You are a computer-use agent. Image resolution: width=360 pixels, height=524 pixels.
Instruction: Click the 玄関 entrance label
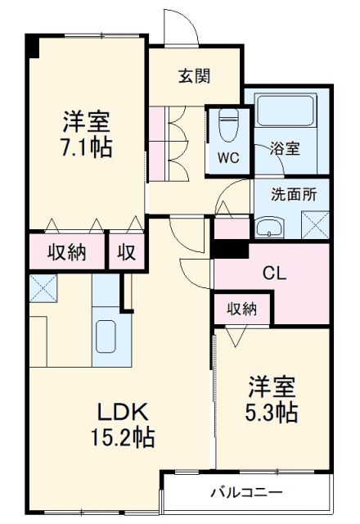(x=196, y=76)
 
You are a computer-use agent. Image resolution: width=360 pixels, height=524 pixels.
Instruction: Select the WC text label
(x=227, y=159)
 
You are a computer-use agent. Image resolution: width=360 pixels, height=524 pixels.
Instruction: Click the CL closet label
(x=272, y=273)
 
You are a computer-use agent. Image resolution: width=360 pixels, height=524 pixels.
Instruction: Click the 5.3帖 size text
(x=271, y=411)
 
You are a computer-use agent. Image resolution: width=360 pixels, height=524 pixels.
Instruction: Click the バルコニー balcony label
(x=245, y=493)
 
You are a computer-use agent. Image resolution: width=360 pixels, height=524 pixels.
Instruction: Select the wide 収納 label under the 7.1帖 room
(x=67, y=252)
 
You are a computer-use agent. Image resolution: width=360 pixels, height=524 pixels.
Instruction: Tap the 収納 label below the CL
(x=242, y=309)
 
